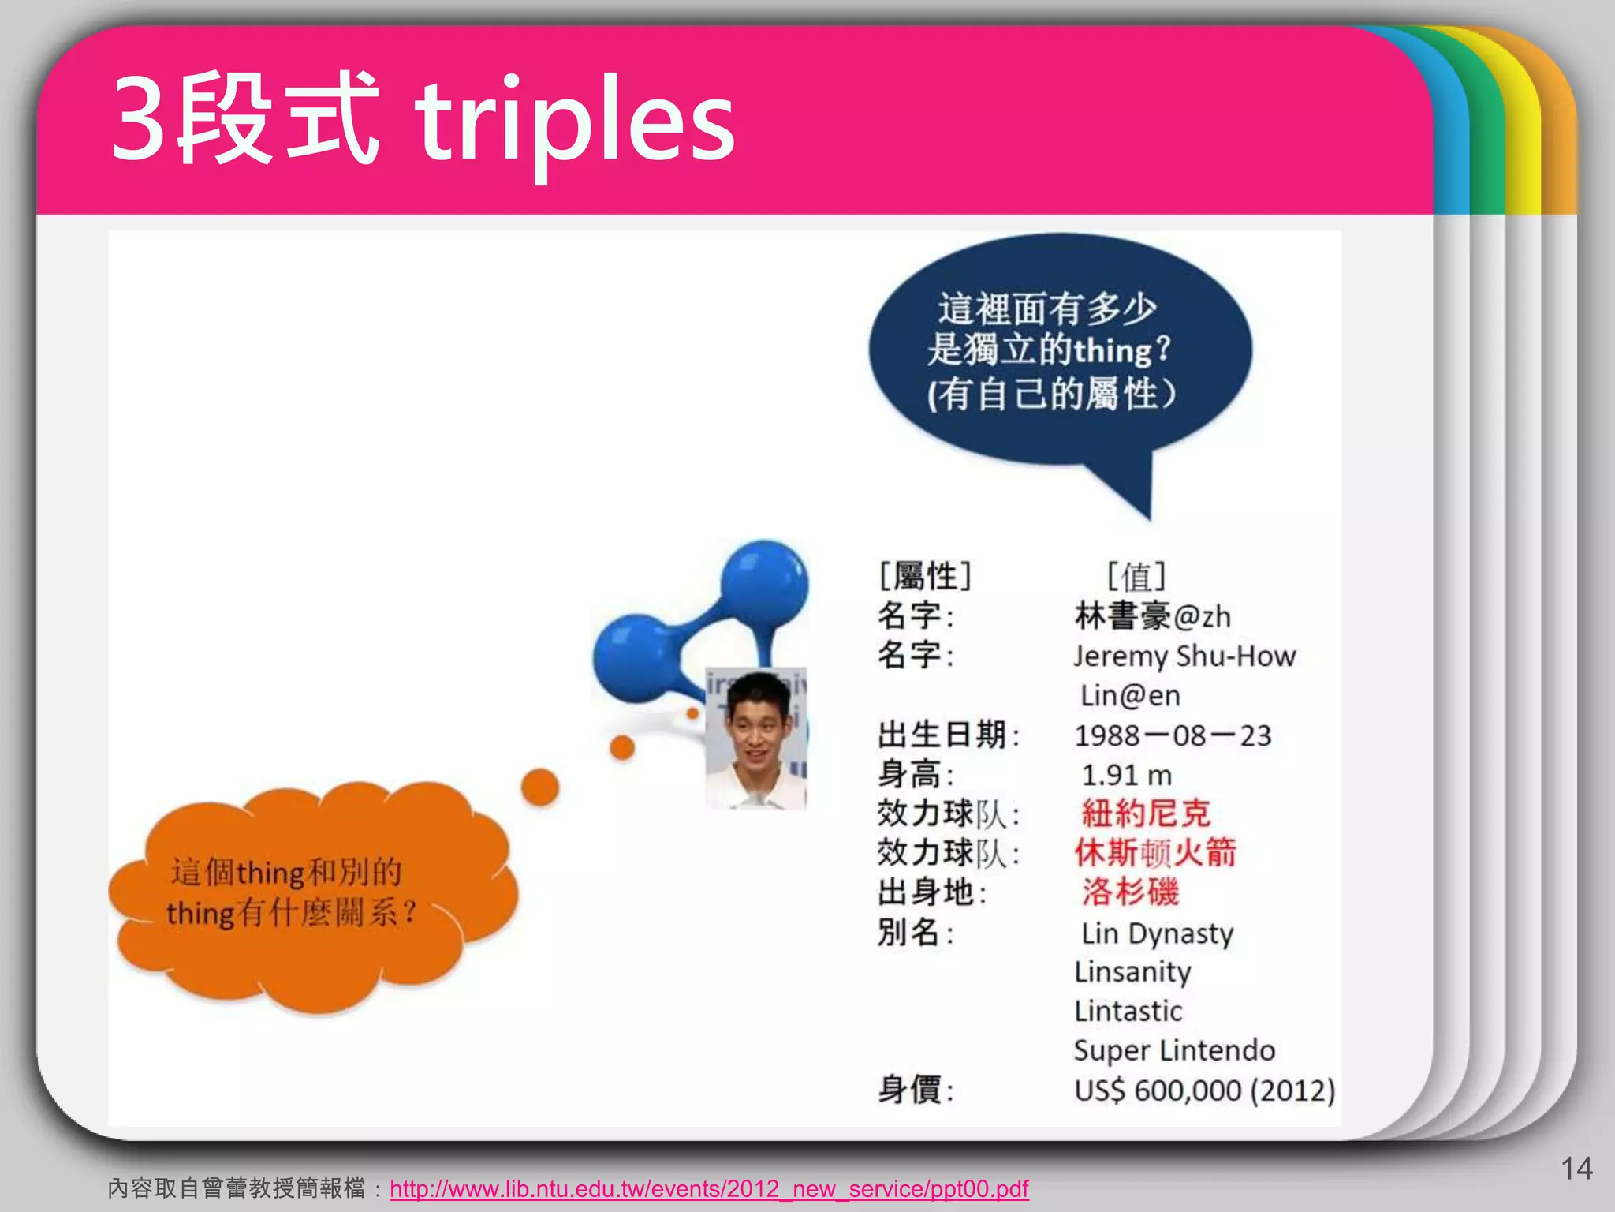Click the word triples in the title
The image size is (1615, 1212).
click(576, 122)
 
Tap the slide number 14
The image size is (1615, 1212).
click(1576, 1169)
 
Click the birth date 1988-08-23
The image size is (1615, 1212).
click(1173, 735)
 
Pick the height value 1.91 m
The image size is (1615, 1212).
click(1126, 775)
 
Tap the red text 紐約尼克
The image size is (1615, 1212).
click(1145, 814)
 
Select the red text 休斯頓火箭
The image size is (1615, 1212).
click(1155, 853)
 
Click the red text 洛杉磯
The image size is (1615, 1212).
click(1130, 892)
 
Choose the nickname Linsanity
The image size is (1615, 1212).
click(1132, 972)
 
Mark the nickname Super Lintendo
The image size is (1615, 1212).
click(1174, 1050)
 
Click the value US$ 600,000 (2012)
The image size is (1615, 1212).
click(1204, 1090)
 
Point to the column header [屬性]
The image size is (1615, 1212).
click(925, 576)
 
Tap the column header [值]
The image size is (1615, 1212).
click(1136, 576)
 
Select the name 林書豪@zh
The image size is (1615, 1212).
click(1152, 616)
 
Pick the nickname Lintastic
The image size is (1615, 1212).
click(1128, 1011)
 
